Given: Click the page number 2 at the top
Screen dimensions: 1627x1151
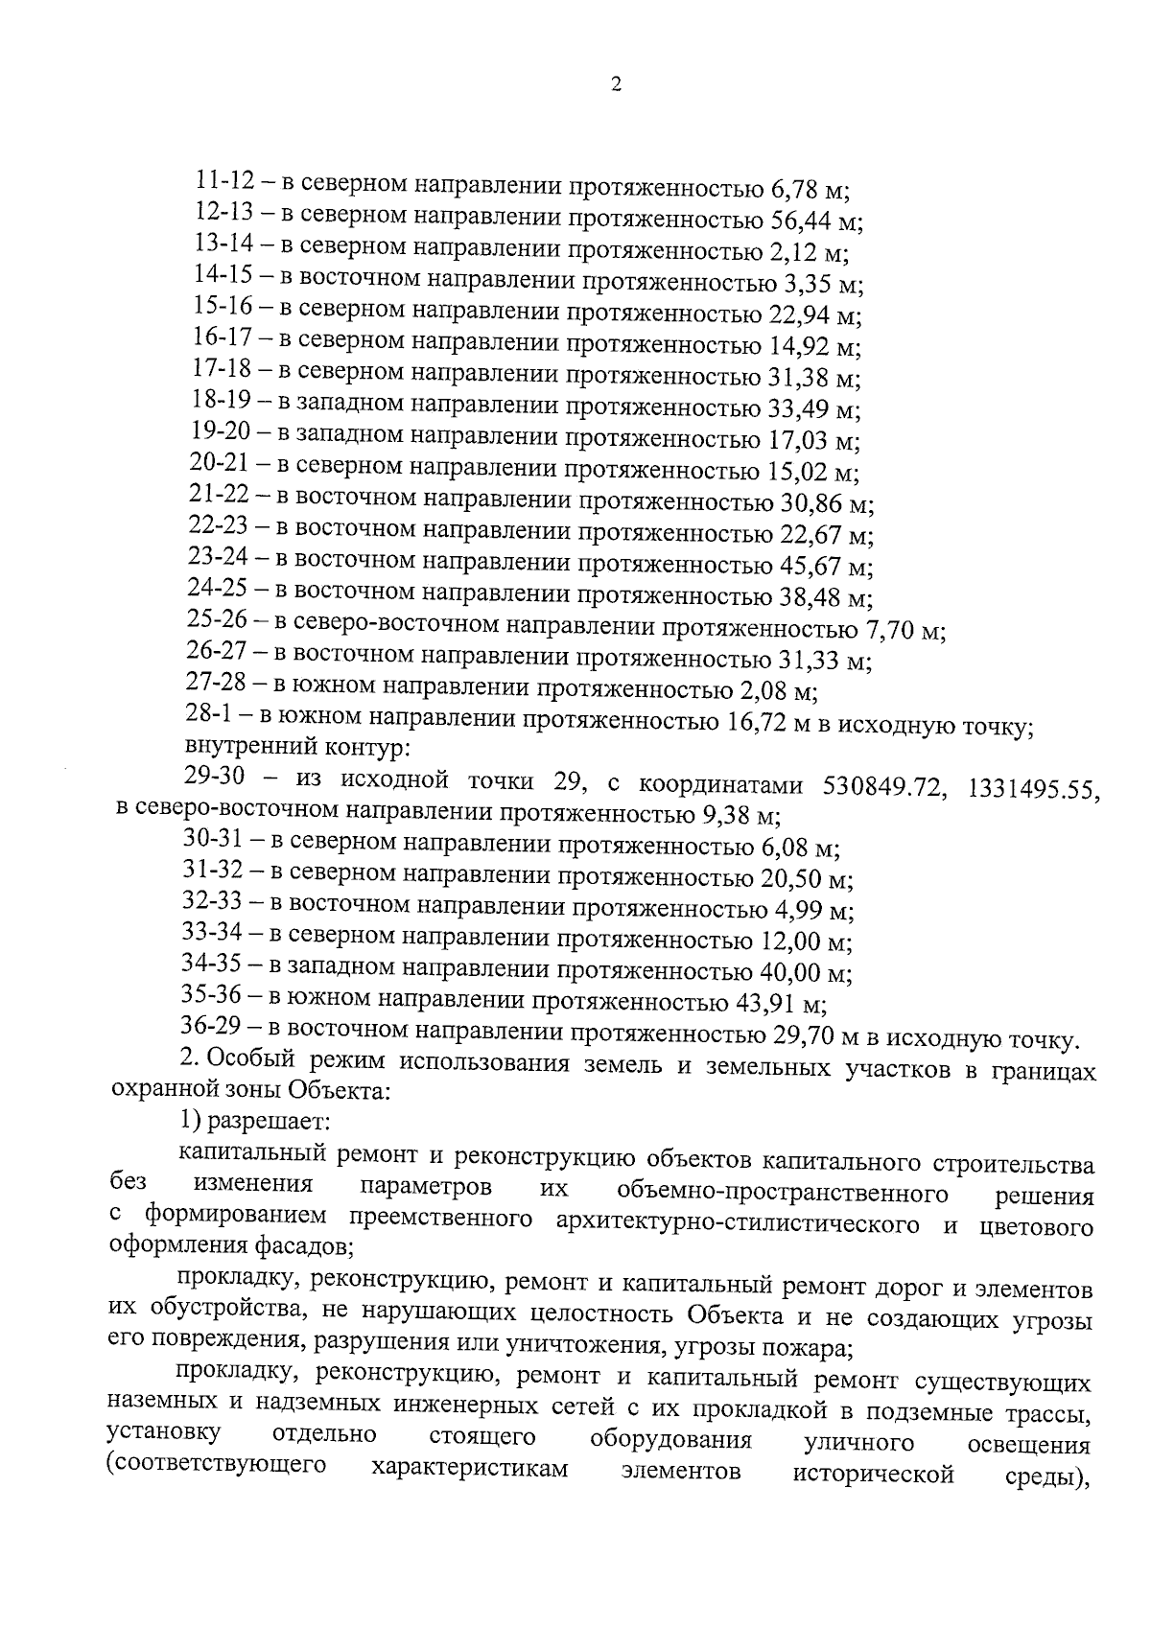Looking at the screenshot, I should [615, 85].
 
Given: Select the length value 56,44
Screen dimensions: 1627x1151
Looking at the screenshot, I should [802, 221].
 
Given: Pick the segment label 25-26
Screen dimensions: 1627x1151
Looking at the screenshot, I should [218, 623].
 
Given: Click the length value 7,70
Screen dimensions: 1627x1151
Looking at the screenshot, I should [886, 630].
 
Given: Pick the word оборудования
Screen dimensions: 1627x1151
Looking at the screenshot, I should [670, 1440].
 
